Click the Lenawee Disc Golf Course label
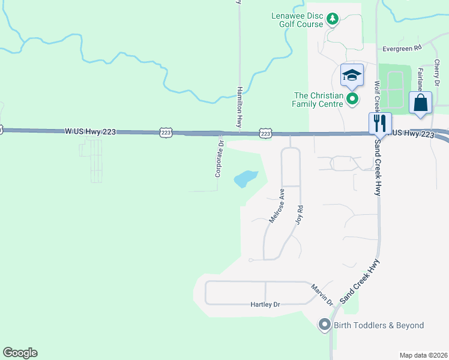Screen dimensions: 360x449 (298, 20)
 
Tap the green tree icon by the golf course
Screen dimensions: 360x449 (332, 20)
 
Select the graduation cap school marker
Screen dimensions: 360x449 (352, 76)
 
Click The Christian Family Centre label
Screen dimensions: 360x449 (318, 100)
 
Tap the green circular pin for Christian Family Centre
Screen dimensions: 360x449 (352, 99)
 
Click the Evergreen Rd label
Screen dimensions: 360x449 (402, 47)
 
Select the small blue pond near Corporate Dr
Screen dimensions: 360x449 (246, 179)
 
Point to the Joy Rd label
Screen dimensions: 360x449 (300, 215)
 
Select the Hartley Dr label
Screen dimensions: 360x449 (265, 305)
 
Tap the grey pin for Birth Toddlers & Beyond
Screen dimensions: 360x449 (325, 325)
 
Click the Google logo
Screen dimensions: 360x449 (20, 353)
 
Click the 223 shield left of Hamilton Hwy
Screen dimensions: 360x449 (166, 131)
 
